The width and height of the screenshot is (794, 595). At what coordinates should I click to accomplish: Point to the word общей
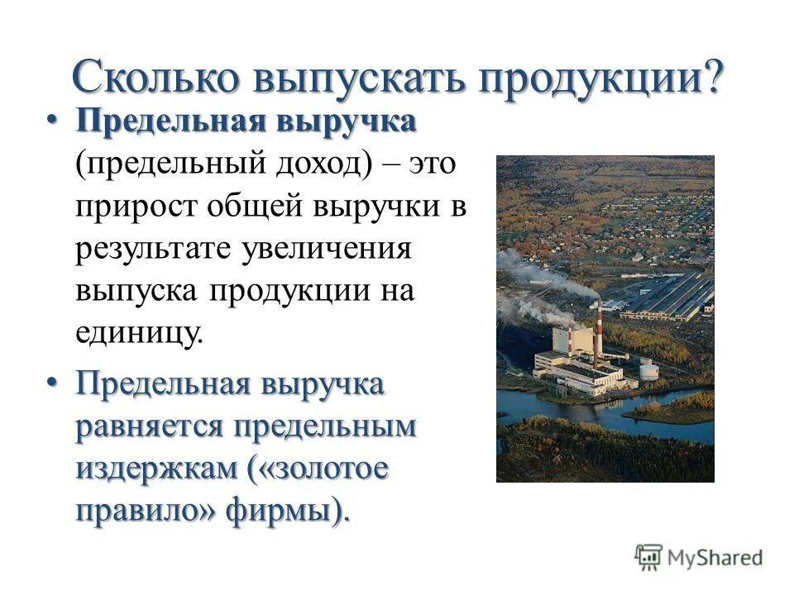pyautogui.click(x=272, y=206)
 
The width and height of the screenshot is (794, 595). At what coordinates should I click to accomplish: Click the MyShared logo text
pyautogui.click(x=715, y=557)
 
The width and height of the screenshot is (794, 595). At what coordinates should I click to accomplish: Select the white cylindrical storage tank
pyautogui.click(x=648, y=369)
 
